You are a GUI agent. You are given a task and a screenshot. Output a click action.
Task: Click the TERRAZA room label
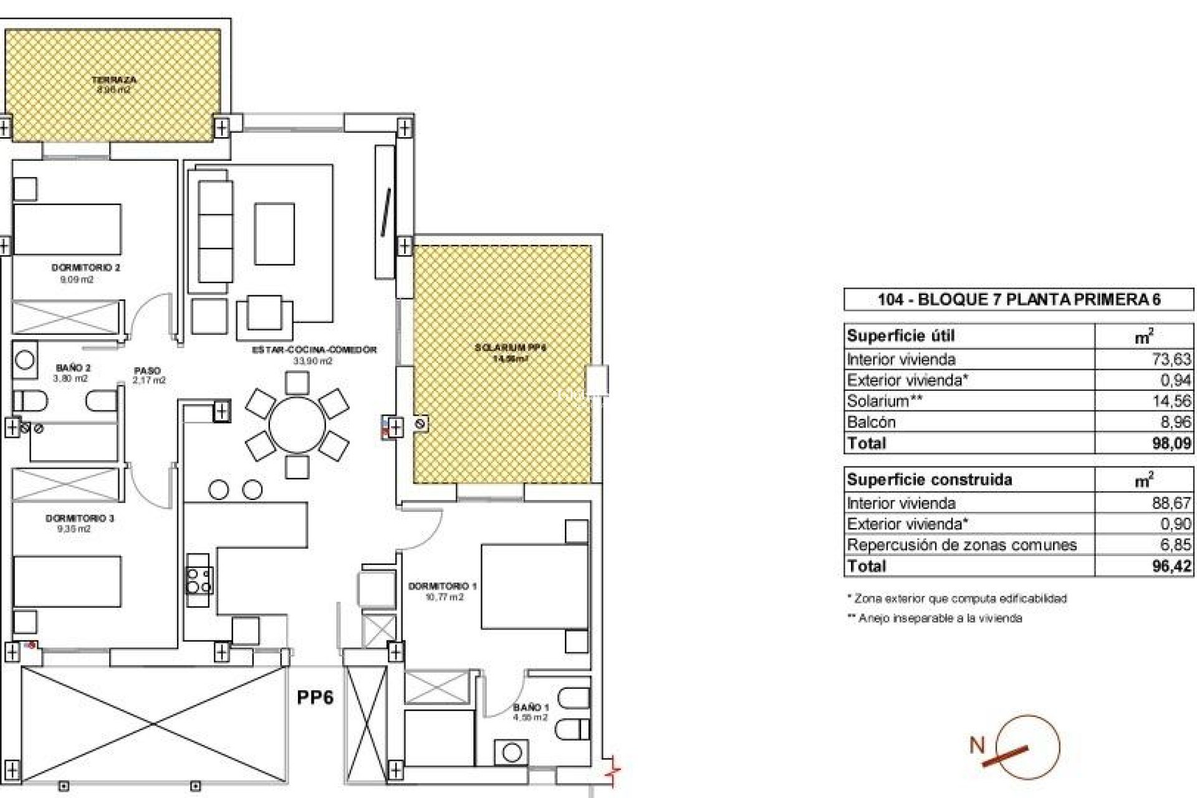(x=113, y=80)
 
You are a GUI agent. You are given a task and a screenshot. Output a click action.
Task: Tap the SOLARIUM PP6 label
(x=511, y=348)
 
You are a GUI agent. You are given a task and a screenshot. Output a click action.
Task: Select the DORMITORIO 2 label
(x=85, y=267)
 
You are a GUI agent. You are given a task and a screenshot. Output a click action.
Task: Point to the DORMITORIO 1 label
(x=442, y=586)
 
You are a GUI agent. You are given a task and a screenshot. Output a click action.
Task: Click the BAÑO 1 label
(x=531, y=708)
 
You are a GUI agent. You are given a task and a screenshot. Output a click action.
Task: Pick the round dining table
(x=297, y=426)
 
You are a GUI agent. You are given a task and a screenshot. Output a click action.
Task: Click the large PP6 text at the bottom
(x=315, y=697)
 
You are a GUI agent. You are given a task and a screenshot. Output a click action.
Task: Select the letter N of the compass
(x=977, y=745)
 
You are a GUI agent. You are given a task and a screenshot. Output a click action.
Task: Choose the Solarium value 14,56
(x=1171, y=401)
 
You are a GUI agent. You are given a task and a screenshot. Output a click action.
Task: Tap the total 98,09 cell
(x=1171, y=443)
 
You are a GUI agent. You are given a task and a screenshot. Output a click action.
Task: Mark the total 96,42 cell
(x=1171, y=566)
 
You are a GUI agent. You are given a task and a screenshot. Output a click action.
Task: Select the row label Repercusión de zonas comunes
(x=961, y=545)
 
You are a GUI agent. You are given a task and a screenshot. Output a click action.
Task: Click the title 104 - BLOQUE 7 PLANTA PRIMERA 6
(x=1019, y=300)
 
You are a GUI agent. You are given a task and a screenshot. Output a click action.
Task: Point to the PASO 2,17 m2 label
(x=149, y=375)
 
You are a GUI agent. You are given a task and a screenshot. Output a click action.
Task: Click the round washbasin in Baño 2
(x=25, y=360)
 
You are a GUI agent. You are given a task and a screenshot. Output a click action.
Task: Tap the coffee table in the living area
(x=274, y=234)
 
